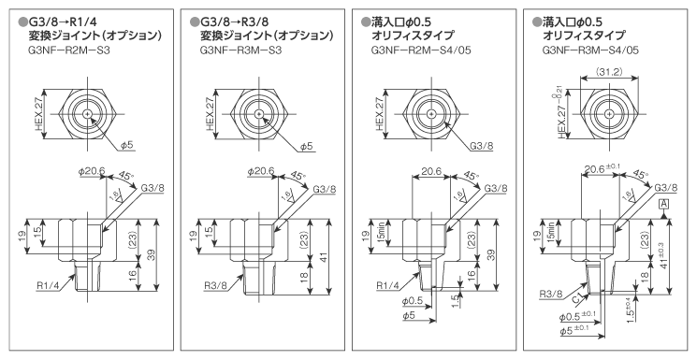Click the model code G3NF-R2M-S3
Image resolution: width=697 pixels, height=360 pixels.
pyautogui.click(x=69, y=50)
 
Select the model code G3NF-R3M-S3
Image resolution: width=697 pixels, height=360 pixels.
pyautogui.click(x=240, y=50)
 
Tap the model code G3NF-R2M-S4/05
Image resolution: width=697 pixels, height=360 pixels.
pyautogui.click(x=421, y=50)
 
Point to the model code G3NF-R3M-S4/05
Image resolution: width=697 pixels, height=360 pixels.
pyautogui.click(x=590, y=50)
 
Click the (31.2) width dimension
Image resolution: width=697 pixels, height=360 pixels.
pyautogui.click(x=609, y=72)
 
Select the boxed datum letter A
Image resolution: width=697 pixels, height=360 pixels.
pyautogui.click(x=663, y=204)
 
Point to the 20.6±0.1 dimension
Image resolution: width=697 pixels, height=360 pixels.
pyautogui.click(x=603, y=168)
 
